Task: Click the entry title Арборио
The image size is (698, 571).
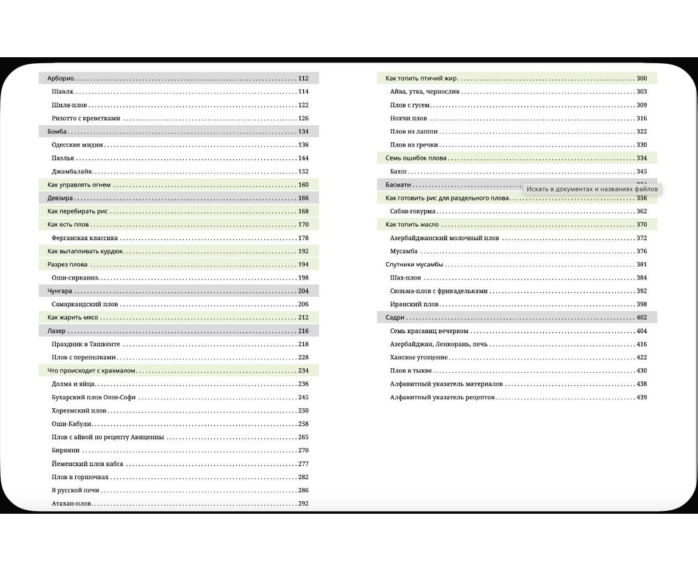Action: point(61,78)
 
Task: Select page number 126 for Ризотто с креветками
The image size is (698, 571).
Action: point(303,118)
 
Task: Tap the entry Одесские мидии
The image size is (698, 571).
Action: point(78,145)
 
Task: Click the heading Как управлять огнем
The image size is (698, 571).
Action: point(79,185)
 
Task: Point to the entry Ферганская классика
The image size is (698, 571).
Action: point(85,238)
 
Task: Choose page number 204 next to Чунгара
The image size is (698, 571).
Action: point(303,291)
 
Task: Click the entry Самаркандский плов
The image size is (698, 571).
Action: point(85,304)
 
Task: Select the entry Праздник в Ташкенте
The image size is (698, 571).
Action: point(86,344)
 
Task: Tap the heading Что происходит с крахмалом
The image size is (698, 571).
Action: point(92,371)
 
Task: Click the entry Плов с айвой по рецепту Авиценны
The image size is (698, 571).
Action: point(107,437)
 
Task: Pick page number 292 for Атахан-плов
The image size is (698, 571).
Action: point(303,504)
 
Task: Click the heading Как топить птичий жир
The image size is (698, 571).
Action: point(421,78)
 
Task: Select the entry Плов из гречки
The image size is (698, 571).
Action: point(414,145)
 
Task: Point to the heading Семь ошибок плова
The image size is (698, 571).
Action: point(416,158)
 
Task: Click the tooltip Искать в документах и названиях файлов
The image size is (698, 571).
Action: point(592,189)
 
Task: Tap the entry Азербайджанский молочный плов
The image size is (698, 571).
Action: point(444,238)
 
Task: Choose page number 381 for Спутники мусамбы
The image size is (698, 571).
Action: point(641,264)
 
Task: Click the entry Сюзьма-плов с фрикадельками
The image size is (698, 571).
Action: point(438,291)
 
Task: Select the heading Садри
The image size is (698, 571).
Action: point(395,318)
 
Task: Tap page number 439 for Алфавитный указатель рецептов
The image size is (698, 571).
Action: point(641,397)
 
